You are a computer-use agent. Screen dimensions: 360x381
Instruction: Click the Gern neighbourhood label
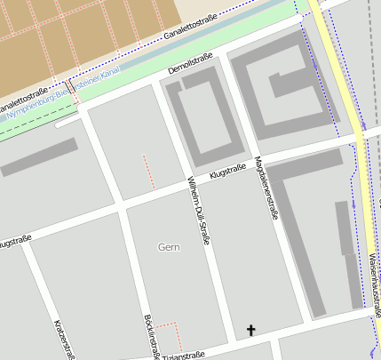[168, 245]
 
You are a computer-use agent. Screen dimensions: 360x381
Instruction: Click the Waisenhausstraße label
[374, 293]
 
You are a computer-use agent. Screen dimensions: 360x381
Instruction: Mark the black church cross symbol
[250, 331]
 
